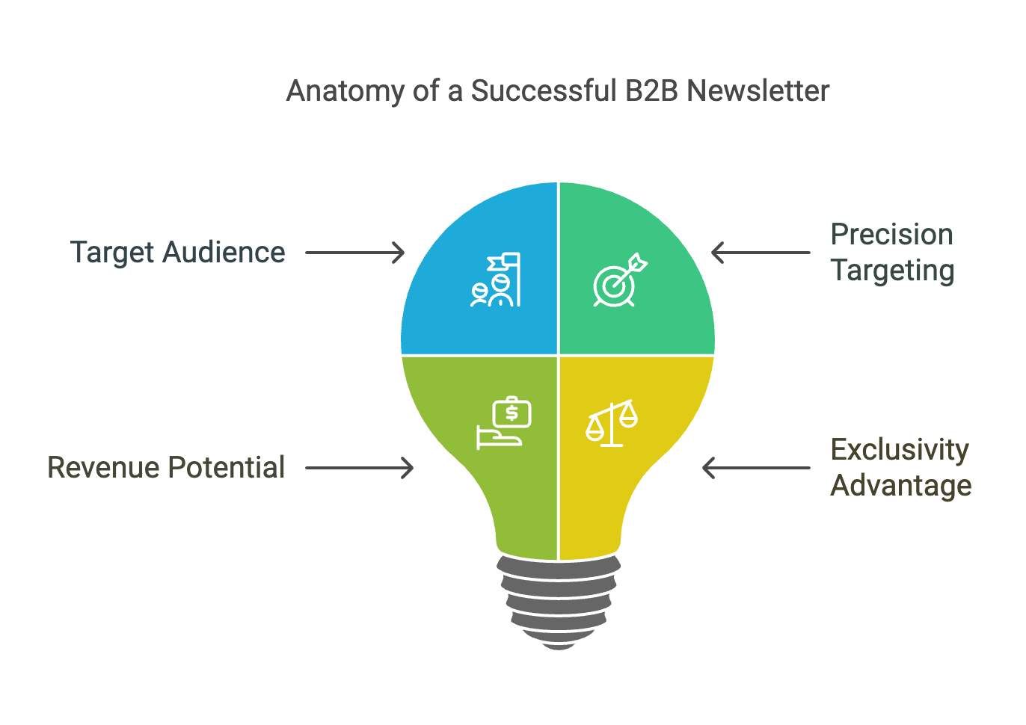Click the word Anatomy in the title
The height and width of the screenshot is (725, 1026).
(x=345, y=91)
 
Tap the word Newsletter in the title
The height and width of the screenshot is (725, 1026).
(x=758, y=90)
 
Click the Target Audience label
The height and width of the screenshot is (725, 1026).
(x=178, y=253)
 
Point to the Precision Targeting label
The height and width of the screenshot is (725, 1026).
(x=892, y=253)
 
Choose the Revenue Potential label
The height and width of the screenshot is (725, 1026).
(x=166, y=467)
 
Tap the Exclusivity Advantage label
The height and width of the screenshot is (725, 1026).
(x=901, y=467)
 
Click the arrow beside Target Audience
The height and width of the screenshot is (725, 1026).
(x=355, y=253)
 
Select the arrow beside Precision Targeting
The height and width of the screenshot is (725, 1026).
(x=761, y=253)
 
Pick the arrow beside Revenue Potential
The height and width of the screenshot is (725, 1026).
(x=360, y=468)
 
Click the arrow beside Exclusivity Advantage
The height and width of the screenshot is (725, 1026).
(x=756, y=468)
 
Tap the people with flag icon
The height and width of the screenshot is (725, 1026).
(x=496, y=280)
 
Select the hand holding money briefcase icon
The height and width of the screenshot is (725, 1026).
(x=504, y=423)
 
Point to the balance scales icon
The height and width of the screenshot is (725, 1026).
(x=612, y=423)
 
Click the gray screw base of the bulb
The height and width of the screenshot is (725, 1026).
(x=559, y=602)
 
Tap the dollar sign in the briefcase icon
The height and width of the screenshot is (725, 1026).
(x=512, y=413)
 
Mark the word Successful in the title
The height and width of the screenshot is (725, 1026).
(x=544, y=90)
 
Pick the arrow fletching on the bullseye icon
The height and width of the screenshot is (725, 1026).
(x=638, y=263)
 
